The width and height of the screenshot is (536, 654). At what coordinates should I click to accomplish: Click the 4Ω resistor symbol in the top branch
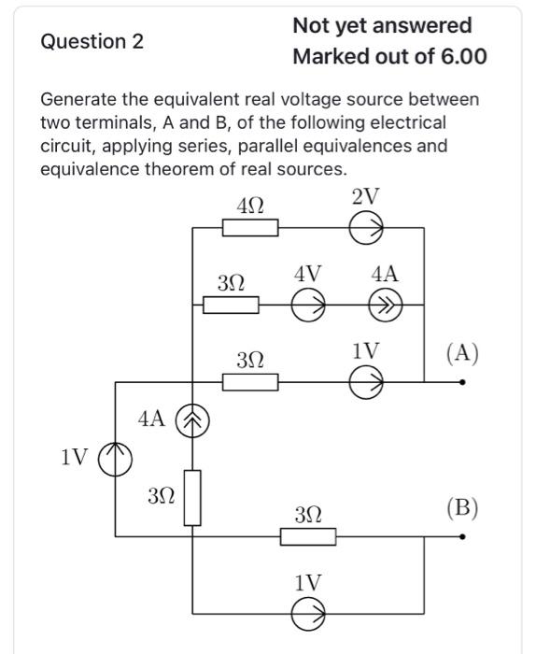pyautogui.click(x=250, y=228)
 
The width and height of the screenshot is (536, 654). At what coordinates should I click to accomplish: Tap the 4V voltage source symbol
pyautogui.click(x=308, y=305)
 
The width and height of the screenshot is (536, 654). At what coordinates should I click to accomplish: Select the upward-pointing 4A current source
pyautogui.click(x=192, y=420)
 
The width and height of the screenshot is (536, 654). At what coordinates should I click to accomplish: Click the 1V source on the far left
pyautogui.click(x=115, y=457)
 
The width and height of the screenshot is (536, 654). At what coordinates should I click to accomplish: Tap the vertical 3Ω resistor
pyautogui.click(x=192, y=498)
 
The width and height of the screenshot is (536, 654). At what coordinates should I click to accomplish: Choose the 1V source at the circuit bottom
pyautogui.click(x=308, y=614)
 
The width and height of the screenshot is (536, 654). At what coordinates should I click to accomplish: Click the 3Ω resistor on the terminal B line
pyautogui.click(x=308, y=537)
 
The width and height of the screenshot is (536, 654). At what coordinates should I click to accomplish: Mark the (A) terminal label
pyautogui.click(x=462, y=352)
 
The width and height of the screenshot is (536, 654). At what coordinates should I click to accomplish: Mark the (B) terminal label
pyautogui.click(x=462, y=507)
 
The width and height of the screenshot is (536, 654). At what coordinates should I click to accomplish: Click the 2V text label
pyautogui.click(x=366, y=196)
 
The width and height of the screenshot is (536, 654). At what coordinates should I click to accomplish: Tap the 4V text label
pyautogui.click(x=307, y=274)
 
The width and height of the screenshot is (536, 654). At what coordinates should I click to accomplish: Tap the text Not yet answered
pyautogui.click(x=382, y=25)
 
